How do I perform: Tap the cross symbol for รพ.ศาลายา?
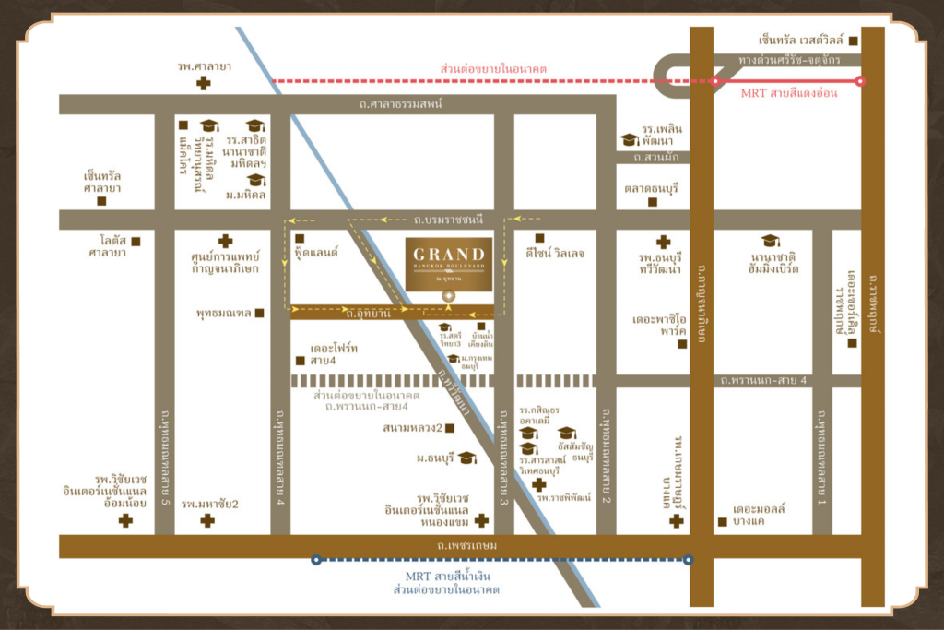(203, 84)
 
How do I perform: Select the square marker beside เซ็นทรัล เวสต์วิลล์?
(854, 41)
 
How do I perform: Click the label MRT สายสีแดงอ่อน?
(789, 94)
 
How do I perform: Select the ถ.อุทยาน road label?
(369, 314)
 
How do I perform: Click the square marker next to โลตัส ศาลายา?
(136, 242)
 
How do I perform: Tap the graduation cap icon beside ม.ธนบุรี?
(467, 458)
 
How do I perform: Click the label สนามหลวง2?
(414, 428)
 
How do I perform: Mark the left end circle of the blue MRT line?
(316, 559)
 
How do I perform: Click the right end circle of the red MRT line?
(860, 81)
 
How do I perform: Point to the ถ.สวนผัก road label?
(655, 157)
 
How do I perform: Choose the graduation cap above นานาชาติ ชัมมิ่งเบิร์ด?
(770, 241)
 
